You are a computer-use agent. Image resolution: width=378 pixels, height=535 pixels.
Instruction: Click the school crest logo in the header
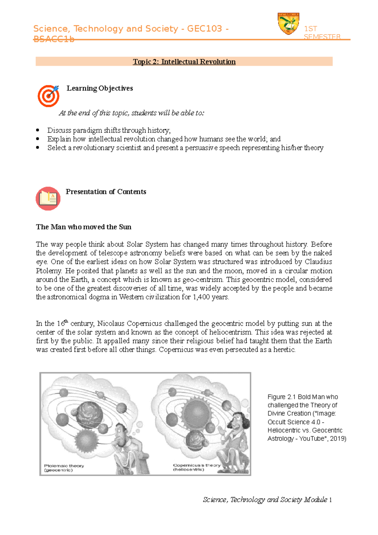pyautogui.click(x=288, y=24)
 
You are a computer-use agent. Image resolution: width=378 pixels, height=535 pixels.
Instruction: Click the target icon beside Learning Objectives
pyautogui.click(x=48, y=96)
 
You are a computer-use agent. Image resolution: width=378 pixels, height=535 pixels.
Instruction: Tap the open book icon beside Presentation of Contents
pyautogui.click(x=48, y=198)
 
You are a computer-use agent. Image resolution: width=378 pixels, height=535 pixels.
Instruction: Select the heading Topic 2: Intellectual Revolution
pyautogui.click(x=184, y=61)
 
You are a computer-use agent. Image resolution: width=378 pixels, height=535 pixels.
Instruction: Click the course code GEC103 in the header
pyautogui.click(x=204, y=29)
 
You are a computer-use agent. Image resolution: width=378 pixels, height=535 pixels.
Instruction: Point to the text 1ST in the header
pyautogui.click(x=310, y=29)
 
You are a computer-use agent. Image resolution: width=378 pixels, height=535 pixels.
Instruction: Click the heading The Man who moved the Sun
pyautogui.click(x=83, y=227)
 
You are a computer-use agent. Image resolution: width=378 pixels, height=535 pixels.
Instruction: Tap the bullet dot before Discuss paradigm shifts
pyautogui.click(x=38, y=130)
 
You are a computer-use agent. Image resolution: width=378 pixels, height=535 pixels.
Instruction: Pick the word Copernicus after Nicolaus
pyautogui.click(x=145, y=323)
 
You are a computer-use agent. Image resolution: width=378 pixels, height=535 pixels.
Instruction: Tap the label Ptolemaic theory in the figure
pyautogui.click(x=64, y=466)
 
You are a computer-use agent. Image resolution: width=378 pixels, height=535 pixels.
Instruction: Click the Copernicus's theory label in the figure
pyautogui.click(x=197, y=465)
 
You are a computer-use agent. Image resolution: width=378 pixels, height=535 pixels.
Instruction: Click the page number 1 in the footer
pyautogui.click(x=330, y=500)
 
